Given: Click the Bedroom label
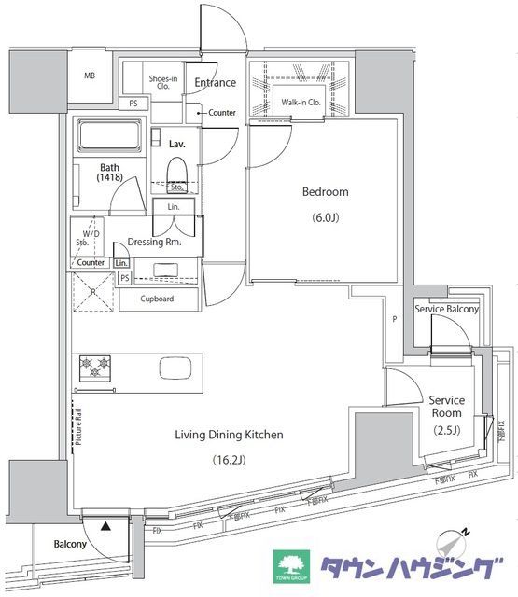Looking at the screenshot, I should click(325, 192).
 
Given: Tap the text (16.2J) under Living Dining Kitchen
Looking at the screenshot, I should click(229, 459).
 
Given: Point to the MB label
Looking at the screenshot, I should click(91, 76).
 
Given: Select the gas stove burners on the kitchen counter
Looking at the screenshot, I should click(95, 368).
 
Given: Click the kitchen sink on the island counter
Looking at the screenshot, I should click(174, 368).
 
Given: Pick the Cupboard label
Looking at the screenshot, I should click(156, 299).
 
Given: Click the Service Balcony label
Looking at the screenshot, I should click(447, 310).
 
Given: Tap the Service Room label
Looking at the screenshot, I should click(445, 407).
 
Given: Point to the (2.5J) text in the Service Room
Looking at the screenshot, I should click(445, 430).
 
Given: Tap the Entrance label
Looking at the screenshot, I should click(214, 83).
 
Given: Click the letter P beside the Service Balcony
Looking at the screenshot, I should click(395, 319).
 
